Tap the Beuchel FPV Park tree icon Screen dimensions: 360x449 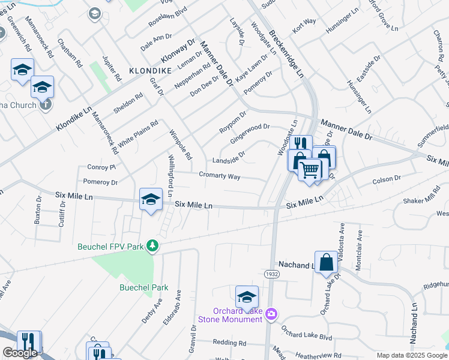coord(153,245)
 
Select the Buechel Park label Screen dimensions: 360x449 coord(143,287)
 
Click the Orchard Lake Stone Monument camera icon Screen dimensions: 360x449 coord(271,314)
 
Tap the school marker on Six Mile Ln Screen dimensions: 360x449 coord(151,200)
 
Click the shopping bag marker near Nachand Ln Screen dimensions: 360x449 coord(326,262)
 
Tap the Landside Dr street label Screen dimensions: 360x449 coord(228,159)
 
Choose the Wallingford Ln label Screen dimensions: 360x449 coord(170,176)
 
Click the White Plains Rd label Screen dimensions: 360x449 coord(137,134)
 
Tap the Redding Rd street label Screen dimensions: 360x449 coord(229,343)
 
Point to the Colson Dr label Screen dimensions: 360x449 coord(386,179)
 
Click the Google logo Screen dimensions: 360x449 coord(20,353)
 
